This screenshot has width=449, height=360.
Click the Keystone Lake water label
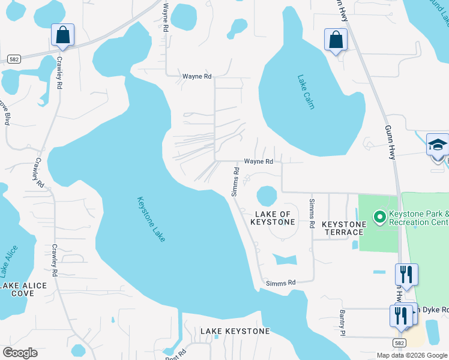coord(151,220)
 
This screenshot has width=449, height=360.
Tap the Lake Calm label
coord(306,92)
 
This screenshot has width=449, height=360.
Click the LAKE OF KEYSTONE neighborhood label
coord(273,218)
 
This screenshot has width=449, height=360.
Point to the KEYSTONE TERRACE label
coord(344,228)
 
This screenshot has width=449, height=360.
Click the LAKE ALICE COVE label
coord(23,289)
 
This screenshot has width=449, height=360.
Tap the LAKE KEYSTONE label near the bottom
coord(235,331)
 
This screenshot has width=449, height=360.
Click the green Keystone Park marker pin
coord(379,217)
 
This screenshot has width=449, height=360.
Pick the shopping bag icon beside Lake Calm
coord(336,40)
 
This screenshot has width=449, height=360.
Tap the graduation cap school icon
coord(438,146)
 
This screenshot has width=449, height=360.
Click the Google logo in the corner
coord(20,353)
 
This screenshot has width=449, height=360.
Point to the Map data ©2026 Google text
coord(412,355)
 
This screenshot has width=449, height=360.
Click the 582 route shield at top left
coord(14,58)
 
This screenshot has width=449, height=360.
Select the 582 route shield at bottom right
coord(400,341)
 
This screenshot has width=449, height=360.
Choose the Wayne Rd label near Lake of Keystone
coord(258,161)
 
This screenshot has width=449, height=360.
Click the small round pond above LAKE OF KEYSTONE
coord(267,196)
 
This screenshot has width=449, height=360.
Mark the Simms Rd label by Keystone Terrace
coord(312,213)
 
